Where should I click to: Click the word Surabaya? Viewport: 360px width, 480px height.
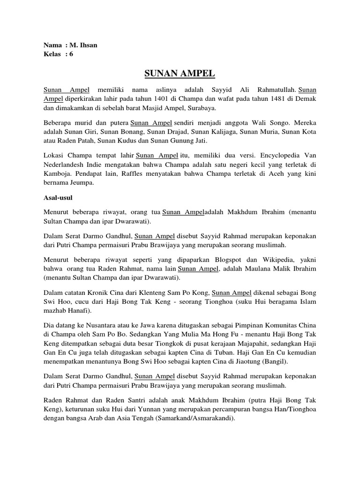pyautogui.click(x=200, y=107)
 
